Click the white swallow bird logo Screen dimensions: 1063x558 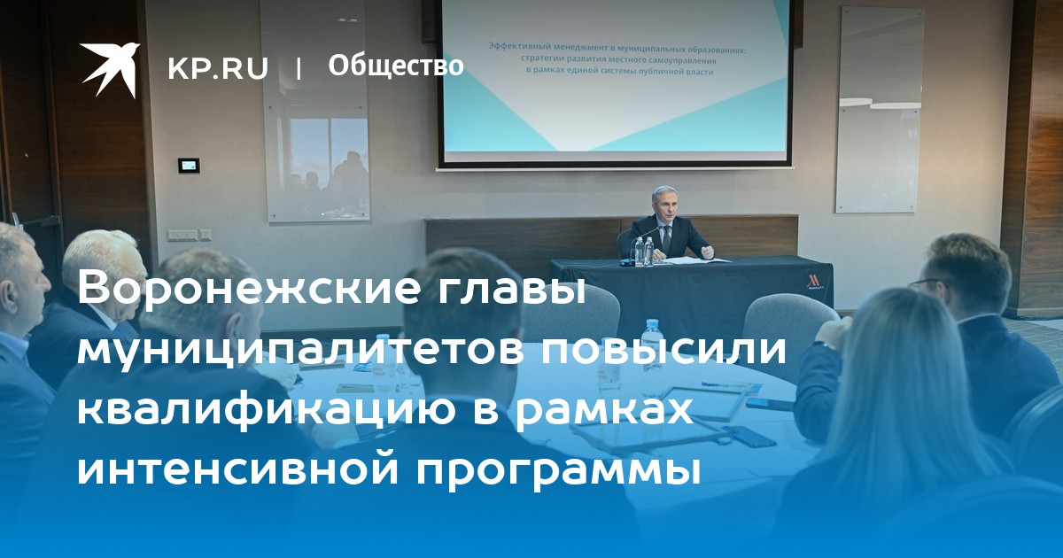pos(109,69)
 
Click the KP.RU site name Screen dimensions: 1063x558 pos(218,68)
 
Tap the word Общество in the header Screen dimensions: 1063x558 pos(396,66)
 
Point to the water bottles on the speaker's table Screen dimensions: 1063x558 pos(644,251)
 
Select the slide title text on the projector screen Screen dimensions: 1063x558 pos(617,59)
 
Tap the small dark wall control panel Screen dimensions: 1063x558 pos(189,166)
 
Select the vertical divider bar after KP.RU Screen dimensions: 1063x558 pos(298,69)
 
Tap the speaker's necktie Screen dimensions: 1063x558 pos(667,237)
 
